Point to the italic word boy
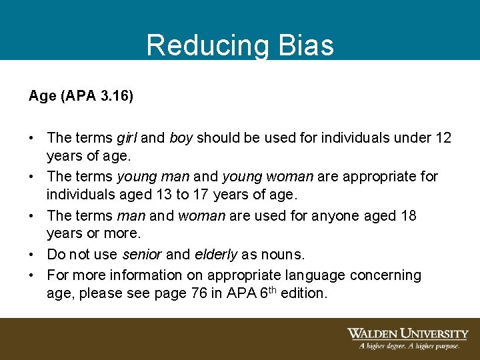[181, 138]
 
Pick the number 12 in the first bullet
[443, 138]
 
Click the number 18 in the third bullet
[409, 215]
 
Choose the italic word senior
[142, 255]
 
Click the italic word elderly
[216, 255]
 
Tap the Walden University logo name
[407, 334]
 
